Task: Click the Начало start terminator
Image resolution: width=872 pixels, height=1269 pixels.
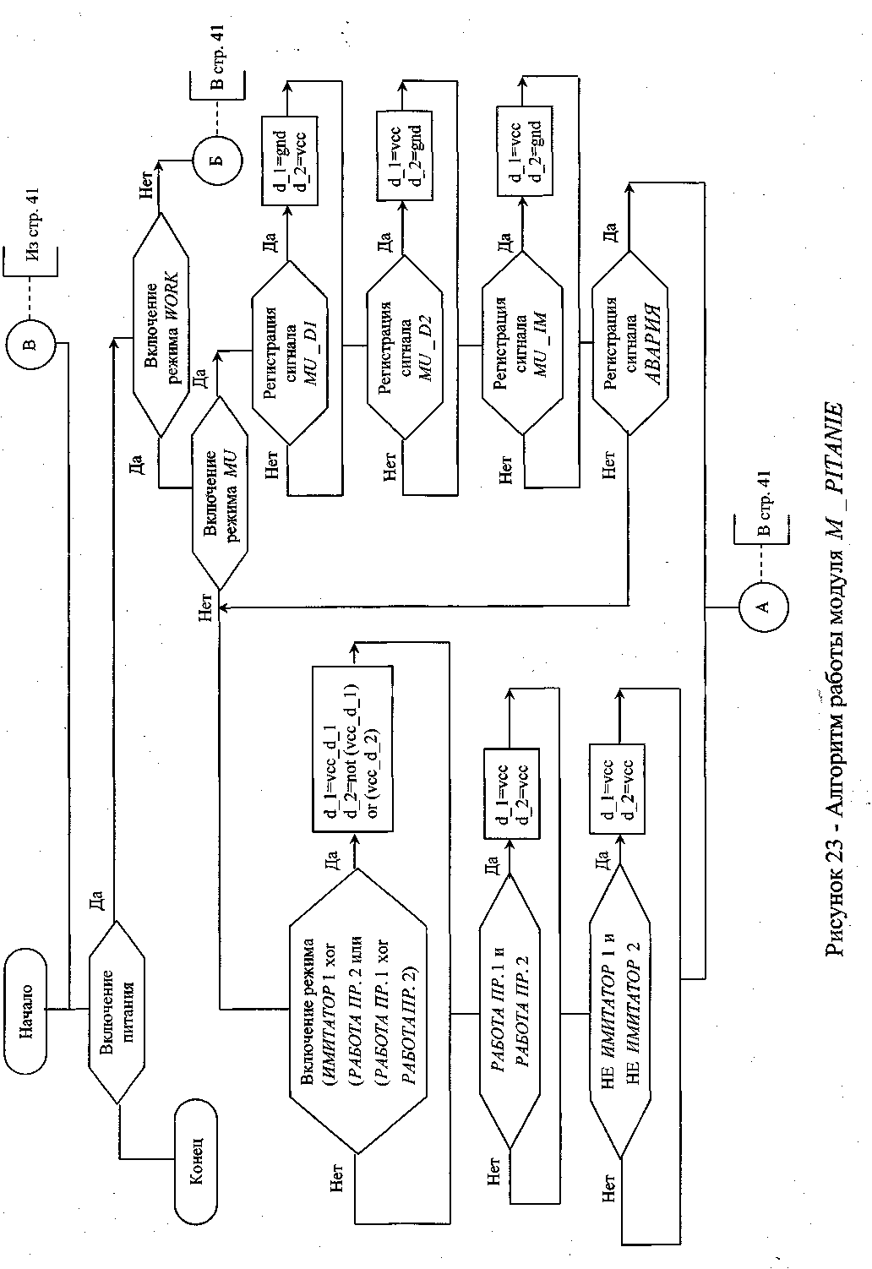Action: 29,1009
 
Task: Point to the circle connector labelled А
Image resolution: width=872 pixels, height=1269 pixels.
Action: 764,607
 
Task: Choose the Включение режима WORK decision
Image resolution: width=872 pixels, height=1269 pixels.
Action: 160,325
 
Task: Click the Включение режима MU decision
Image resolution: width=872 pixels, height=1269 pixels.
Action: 220,493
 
